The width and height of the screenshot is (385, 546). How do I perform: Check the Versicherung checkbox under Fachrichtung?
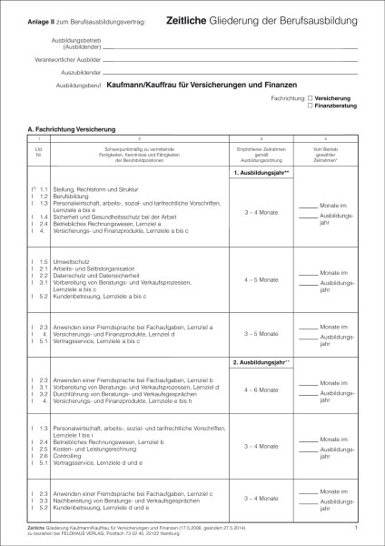311,96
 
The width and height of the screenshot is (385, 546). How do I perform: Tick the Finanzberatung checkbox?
311,105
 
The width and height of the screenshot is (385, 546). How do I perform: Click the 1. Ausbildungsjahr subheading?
262,173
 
